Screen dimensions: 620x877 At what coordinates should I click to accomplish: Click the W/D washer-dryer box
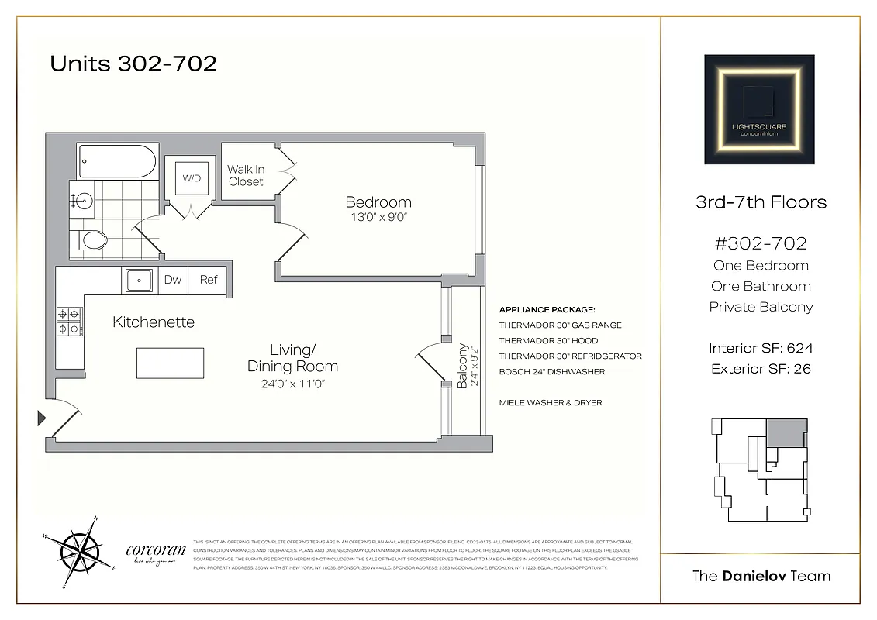coord(191,179)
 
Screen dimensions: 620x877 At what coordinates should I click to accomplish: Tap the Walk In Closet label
coord(246,175)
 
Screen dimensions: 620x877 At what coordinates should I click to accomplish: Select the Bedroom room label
coord(378,202)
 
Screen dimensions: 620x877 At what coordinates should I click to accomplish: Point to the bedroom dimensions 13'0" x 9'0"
coord(378,217)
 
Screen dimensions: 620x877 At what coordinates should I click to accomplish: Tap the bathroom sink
coord(81,201)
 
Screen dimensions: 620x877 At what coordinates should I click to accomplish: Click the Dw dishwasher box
coord(173,280)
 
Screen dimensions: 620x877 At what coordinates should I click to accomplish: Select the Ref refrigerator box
coord(209,280)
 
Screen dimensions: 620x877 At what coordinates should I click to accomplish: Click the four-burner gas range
coord(69,322)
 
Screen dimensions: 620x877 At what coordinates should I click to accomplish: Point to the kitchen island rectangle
coord(171,362)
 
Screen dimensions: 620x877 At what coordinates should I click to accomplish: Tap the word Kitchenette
coord(154,322)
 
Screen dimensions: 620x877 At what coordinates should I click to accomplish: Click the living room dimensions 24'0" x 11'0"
coord(292,382)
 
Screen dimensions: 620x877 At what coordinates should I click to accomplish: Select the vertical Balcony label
coord(463,366)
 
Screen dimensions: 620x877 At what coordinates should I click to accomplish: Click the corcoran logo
coord(155,553)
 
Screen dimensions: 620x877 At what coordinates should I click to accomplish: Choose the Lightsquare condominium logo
coord(759,109)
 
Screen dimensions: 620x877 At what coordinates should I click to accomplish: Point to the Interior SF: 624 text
coord(761,348)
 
